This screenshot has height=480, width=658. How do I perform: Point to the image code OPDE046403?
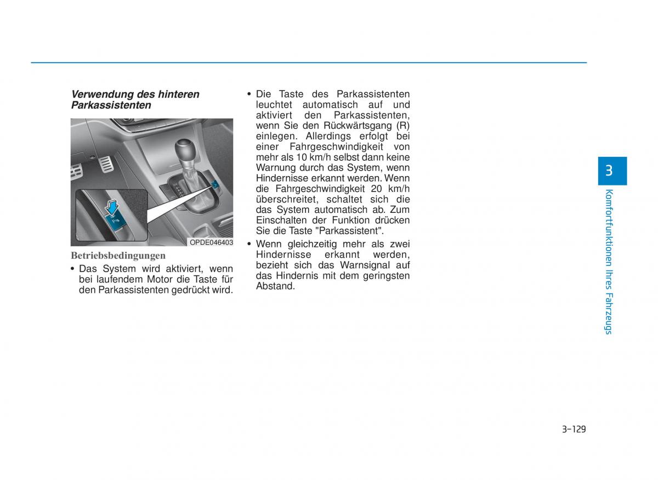[211, 242]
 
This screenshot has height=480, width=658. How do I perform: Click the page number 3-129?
[574, 429]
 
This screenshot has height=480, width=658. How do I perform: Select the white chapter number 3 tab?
[609, 171]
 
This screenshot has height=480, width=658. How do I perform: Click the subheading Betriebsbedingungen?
[118, 256]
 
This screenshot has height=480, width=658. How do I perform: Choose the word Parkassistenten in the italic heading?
[111, 105]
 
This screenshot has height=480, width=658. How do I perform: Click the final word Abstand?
[275, 286]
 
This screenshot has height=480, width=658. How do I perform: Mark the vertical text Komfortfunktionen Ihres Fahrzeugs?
[609, 261]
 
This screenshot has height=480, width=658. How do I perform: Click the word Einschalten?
[280, 221]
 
